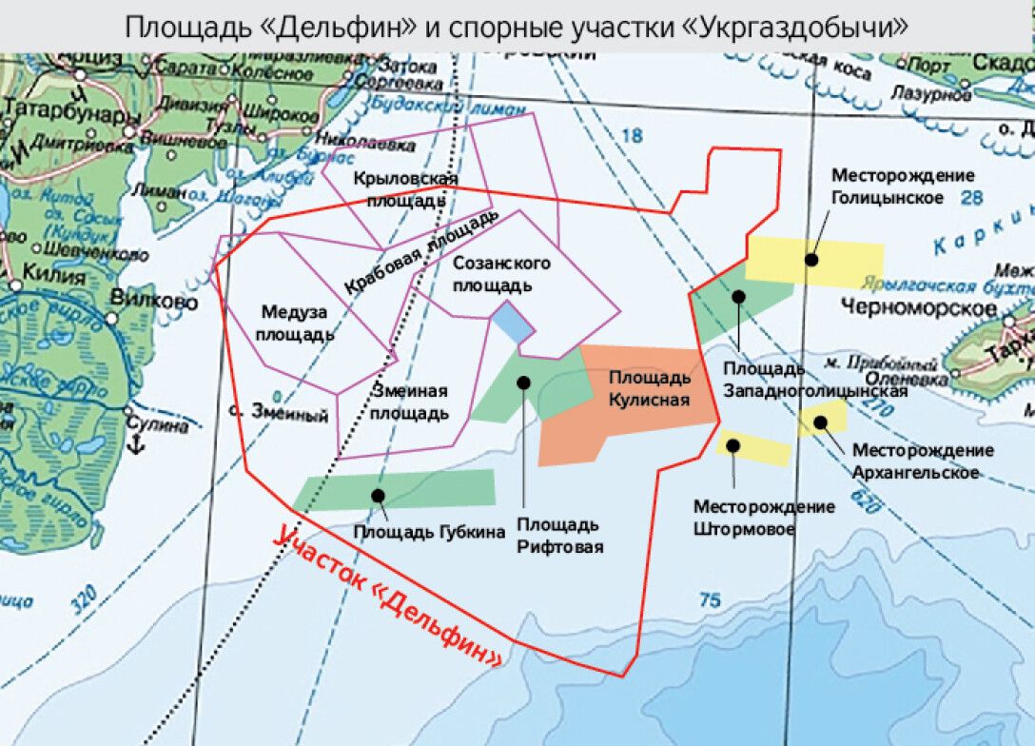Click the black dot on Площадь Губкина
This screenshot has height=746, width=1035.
click(x=378, y=495)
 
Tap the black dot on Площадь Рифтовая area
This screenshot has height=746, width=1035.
click(x=522, y=382)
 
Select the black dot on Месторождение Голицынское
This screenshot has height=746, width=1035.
click(x=811, y=258)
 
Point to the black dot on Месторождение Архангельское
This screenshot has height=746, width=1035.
click(x=818, y=422)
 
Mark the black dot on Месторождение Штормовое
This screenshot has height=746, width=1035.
click(x=733, y=444)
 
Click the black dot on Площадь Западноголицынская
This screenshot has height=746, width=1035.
click(x=738, y=297)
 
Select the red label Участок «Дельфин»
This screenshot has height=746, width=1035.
click(x=387, y=598)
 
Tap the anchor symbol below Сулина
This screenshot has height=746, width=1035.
click(x=135, y=445)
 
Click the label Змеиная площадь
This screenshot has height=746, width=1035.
click(x=409, y=402)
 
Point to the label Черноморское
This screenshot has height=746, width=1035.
click(x=919, y=307)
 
